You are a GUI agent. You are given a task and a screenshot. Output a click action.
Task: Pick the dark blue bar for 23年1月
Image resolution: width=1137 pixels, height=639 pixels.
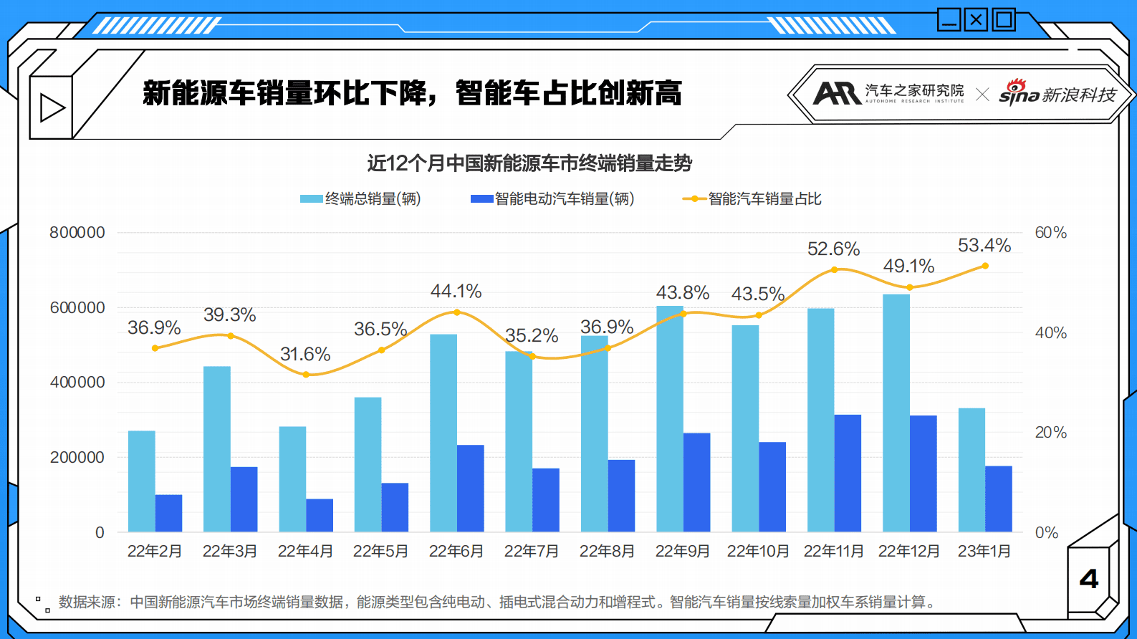point(999,499)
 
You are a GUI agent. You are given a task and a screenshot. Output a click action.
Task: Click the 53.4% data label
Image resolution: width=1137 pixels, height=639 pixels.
point(984,246)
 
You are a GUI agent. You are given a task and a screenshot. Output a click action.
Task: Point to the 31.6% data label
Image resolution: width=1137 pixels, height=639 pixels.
point(305,354)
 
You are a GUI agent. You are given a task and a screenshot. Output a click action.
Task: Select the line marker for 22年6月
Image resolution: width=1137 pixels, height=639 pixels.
point(457,312)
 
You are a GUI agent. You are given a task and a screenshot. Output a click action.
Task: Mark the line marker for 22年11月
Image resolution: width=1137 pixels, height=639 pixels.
point(835,270)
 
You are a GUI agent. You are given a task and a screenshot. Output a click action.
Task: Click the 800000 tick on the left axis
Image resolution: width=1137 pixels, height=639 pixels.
point(77,232)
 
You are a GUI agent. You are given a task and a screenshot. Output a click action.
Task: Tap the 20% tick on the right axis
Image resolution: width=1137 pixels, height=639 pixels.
point(1050,433)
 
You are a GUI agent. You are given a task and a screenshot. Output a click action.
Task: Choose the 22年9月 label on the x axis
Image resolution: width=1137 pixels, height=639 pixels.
point(682,551)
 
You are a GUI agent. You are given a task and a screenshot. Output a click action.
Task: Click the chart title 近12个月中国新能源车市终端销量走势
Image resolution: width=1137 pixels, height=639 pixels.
point(529,163)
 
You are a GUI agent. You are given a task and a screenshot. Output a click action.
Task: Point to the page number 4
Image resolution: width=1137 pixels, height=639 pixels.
point(1089,579)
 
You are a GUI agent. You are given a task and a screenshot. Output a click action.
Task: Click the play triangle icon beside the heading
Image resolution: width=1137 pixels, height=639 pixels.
point(52,108)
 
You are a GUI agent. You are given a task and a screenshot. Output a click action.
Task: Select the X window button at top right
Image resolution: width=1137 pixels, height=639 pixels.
point(976,19)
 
